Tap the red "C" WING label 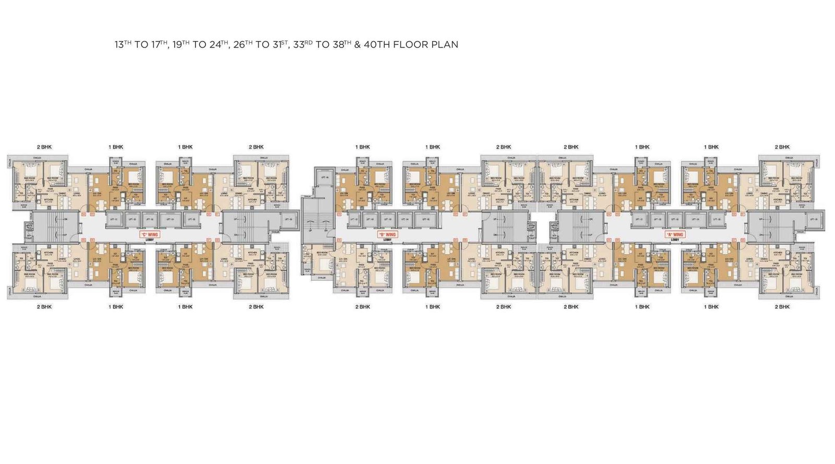point(149,234)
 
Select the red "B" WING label point(387,234)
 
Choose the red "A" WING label point(675,234)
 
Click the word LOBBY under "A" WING point(675,240)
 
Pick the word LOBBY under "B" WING point(387,240)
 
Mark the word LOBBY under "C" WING point(149,240)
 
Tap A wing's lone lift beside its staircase point(813,219)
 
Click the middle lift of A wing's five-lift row point(675,219)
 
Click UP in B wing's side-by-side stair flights point(311,230)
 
